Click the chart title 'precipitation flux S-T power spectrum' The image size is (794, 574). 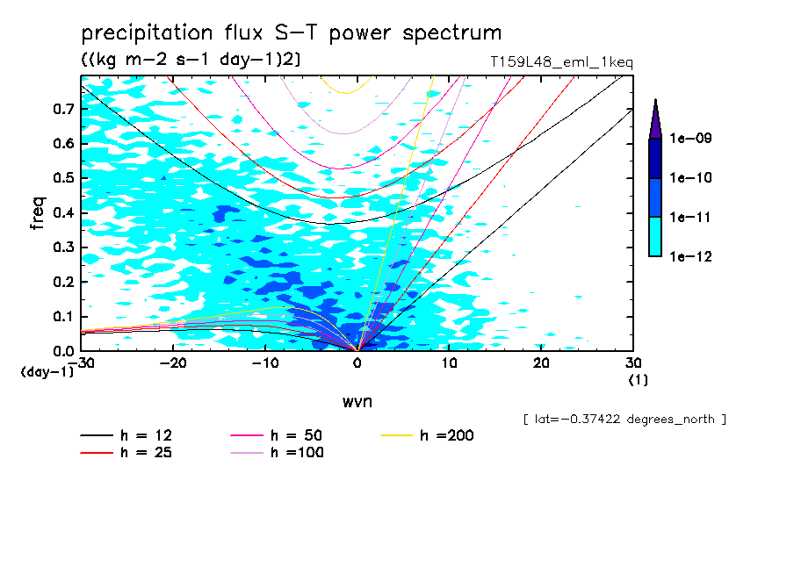291,33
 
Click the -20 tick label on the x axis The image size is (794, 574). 173,362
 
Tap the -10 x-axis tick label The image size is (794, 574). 265,362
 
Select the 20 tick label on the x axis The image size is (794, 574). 541,362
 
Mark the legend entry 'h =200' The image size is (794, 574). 446,436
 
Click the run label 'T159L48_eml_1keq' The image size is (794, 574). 561,61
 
